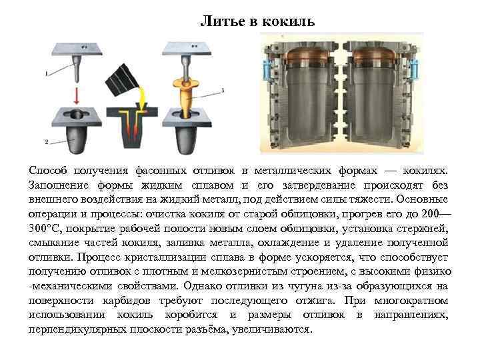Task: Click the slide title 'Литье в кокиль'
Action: [257, 22]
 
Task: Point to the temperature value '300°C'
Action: [45, 228]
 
